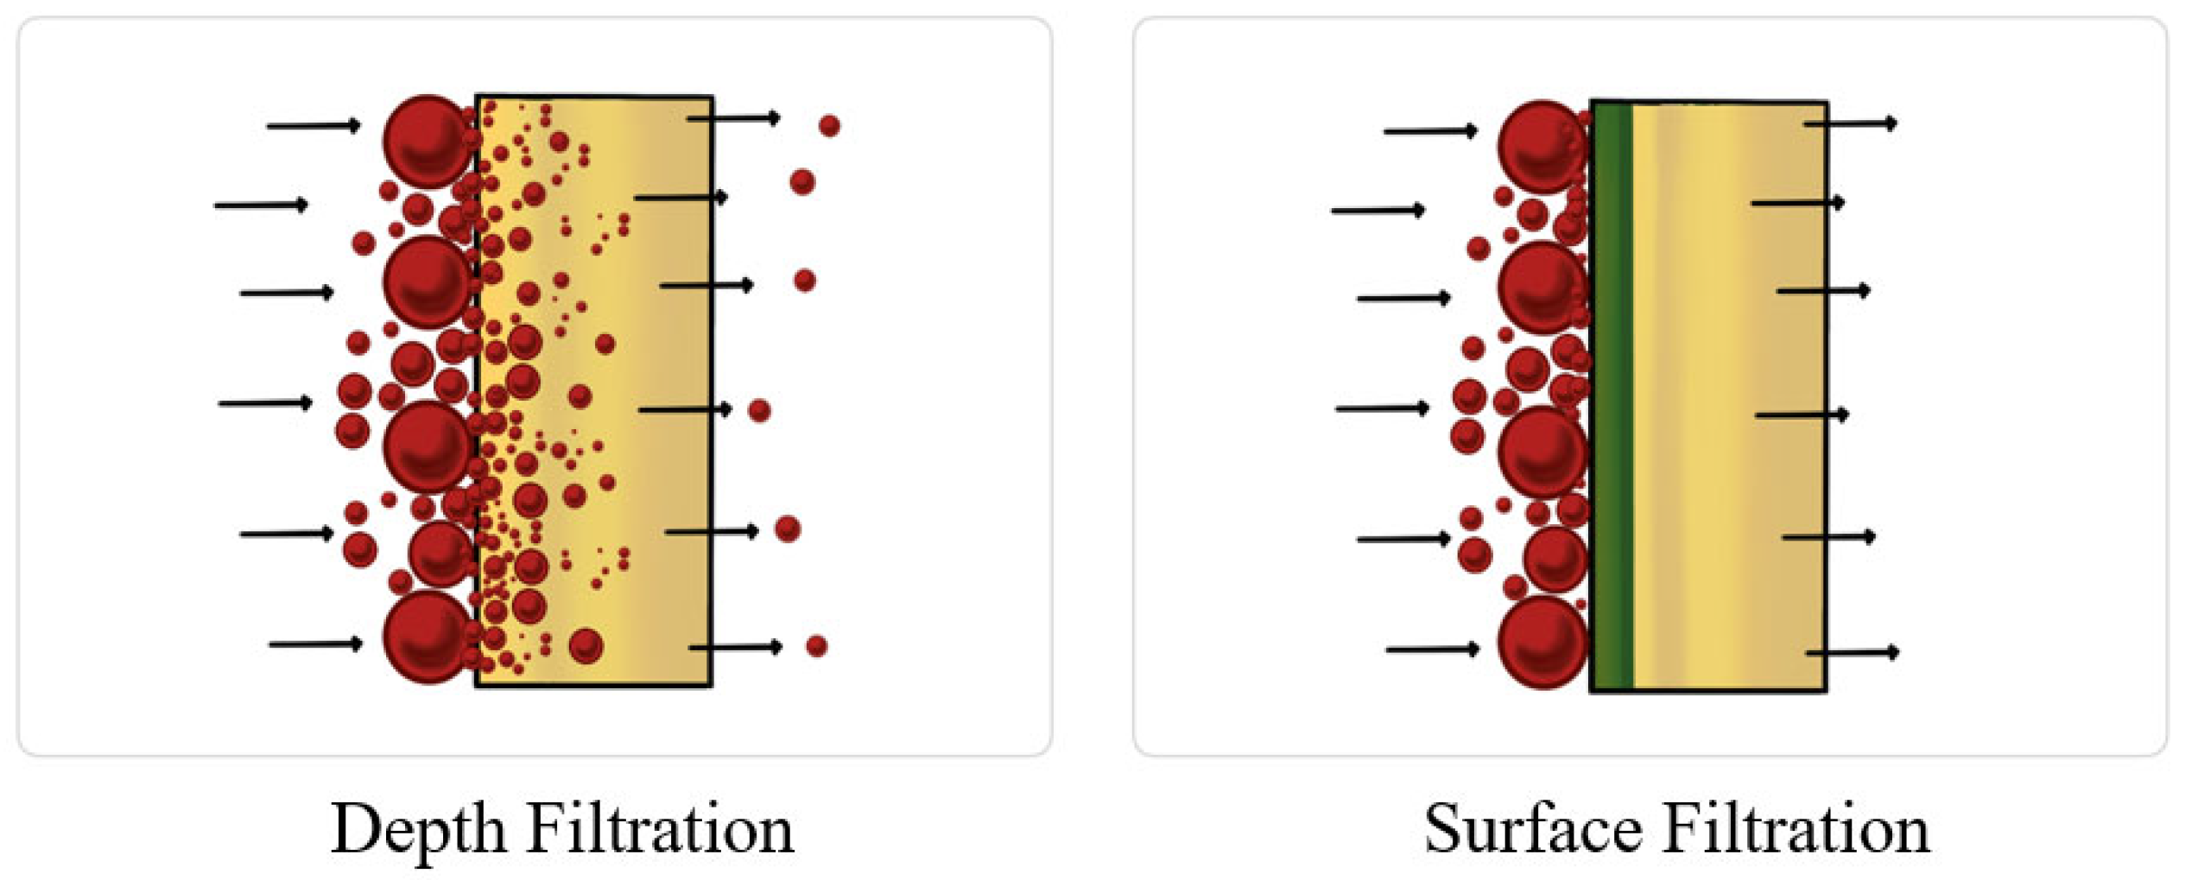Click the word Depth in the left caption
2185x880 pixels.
pos(418,830)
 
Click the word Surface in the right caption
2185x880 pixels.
pos(1533,830)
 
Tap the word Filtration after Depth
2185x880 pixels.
pos(660,830)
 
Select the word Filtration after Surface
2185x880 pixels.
pos(1796,830)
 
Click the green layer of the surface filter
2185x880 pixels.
pos(1612,397)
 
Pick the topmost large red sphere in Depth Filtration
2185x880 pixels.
pos(427,142)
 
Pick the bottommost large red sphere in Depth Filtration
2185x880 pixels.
pos(427,637)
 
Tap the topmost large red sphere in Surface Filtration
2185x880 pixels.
pos(1542,147)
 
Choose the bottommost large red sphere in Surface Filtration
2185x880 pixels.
pos(1542,643)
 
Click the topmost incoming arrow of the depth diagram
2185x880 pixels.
pos(313,126)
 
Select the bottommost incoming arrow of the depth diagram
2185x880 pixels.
pos(315,644)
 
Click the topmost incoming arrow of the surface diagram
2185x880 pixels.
pos(1430,131)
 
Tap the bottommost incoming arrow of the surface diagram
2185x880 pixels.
pos(1432,649)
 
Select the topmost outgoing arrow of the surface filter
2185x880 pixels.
pos(1851,123)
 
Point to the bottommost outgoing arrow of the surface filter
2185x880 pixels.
pos(1852,652)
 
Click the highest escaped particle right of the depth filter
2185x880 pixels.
pos(829,126)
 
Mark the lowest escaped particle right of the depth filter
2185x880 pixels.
pos(816,646)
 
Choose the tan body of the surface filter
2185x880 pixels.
pos(1727,397)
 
